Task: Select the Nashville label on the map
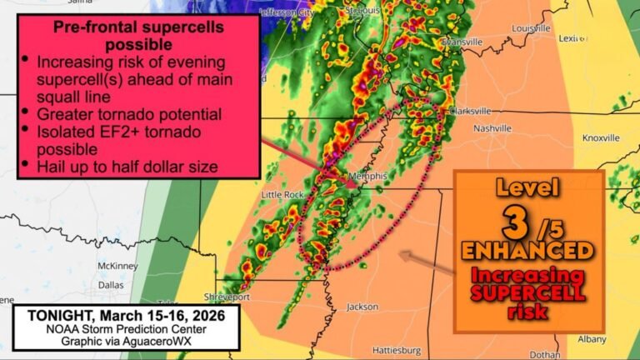492,128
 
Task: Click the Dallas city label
111,284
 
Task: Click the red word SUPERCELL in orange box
527,293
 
